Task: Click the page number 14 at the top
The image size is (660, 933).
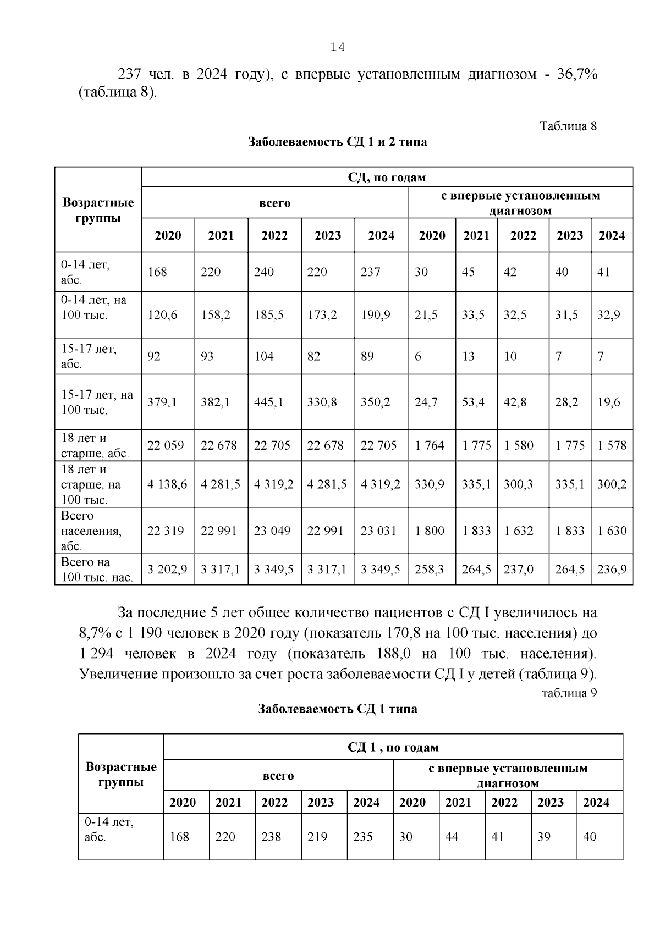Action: click(x=337, y=48)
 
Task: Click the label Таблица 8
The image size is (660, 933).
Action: click(x=568, y=126)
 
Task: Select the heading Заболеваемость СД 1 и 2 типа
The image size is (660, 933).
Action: click(x=337, y=142)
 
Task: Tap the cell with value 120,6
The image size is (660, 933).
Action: click(x=163, y=315)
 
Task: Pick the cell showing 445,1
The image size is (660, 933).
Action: click(x=269, y=402)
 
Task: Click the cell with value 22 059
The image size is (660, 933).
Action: click(x=166, y=445)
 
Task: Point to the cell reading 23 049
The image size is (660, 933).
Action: click(x=272, y=531)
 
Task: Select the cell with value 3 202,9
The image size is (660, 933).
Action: click(x=167, y=569)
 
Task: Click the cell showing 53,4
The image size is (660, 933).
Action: click(x=473, y=402)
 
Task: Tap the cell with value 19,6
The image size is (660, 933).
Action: click(x=609, y=402)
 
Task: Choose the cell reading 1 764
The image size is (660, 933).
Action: click(x=430, y=445)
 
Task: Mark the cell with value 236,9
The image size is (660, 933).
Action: click(x=612, y=569)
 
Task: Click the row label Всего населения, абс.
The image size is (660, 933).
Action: click(x=91, y=531)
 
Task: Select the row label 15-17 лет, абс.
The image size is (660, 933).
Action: click(x=89, y=356)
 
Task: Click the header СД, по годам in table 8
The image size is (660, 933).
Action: click(x=387, y=177)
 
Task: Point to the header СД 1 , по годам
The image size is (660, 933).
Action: click(x=393, y=747)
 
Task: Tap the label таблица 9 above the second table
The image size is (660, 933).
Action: click(x=569, y=693)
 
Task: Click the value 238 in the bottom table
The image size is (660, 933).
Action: click(x=271, y=836)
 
